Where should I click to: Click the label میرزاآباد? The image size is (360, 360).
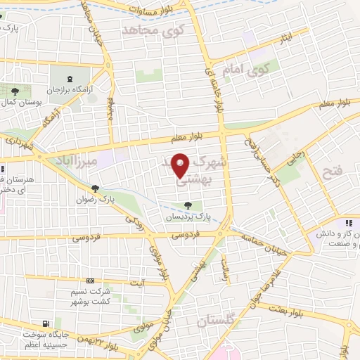pos(78,158)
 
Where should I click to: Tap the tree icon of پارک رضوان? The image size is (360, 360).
pos(94,188)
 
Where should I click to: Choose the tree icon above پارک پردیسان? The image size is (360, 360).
pos(187,205)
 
